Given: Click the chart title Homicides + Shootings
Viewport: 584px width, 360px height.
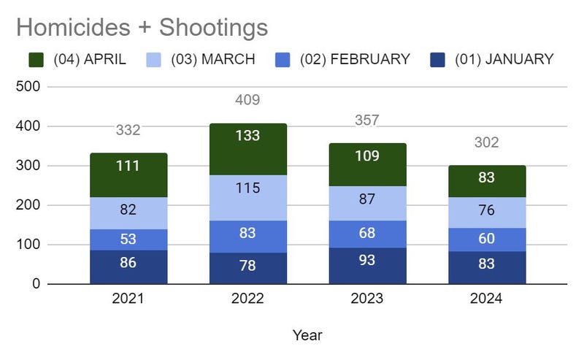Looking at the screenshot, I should tap(142, 28).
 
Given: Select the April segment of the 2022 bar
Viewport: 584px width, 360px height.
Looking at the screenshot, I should tap(247, 149).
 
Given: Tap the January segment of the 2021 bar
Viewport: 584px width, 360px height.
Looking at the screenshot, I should tap(128, 267).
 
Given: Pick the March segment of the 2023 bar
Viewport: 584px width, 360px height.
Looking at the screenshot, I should tap(367, 204).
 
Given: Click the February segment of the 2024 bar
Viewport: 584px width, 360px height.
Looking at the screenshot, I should tap(486, 239).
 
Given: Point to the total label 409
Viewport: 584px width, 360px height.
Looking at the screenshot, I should tap(247, 100).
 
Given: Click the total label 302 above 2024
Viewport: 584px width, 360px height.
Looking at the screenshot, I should tap(486, 142).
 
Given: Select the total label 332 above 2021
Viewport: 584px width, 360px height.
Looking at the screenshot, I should tap(128, 130).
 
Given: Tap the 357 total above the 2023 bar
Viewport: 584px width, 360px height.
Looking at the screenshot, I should tap(367, 120).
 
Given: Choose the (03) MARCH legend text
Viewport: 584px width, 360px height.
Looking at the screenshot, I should tap(212, 60).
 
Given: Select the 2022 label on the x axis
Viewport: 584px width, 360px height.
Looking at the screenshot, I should tap(247, 299).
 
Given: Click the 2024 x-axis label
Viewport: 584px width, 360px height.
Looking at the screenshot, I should tap(486, 299).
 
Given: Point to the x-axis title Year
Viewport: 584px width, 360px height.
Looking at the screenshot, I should tap(307, 335).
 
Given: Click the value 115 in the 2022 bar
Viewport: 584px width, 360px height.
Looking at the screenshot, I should tap(247, 188).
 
